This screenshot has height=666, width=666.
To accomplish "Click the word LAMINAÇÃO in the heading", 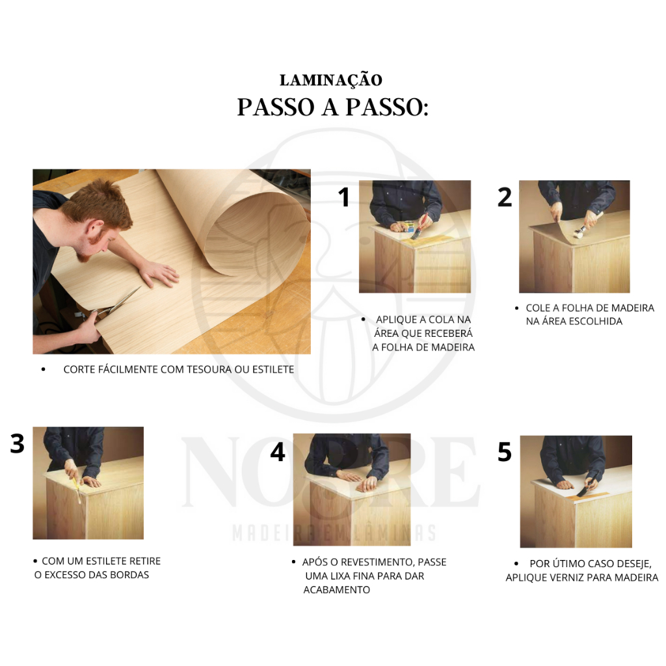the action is [331, 80].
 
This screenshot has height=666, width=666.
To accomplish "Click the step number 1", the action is [343, 197].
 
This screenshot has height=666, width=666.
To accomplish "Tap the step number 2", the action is [505, 197].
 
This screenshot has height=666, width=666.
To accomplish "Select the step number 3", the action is [18, 444].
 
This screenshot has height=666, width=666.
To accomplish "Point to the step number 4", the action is [278, 452].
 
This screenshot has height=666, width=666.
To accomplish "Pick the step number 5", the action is [505, 452].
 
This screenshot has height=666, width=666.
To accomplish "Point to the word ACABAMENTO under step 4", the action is [336, 589].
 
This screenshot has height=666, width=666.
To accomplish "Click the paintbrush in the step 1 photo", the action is [419, 226].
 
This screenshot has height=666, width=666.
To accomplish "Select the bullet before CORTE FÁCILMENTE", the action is [43, 369].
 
